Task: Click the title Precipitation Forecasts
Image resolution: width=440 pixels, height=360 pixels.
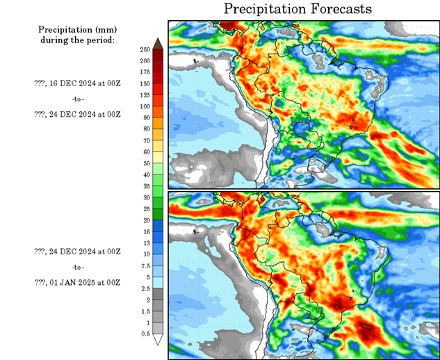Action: tap(298, 9)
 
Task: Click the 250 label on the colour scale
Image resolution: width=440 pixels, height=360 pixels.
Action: tap(145, 50)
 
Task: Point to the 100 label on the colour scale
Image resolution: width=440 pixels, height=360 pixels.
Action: tap(145, 106)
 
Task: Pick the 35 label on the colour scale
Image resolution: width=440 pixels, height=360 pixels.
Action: tap(145, 186)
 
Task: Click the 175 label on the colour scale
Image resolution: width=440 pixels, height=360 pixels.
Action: tap(145, 72)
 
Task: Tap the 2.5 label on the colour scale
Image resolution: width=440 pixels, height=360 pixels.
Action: tap(145, 288)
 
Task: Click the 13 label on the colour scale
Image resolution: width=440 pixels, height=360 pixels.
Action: tap(145, 243)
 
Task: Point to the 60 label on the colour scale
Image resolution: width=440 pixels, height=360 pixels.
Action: tap(145, 152)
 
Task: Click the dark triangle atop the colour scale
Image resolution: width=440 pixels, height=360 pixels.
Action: tap(158, 43)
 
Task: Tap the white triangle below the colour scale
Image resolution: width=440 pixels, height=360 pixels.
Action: tap(158, 340)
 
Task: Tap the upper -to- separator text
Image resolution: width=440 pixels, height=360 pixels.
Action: tap(76, 99)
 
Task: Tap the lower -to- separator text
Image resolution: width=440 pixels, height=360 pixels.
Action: tap(76, 267)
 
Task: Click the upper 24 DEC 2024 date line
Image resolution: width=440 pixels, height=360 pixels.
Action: tap(77, 114)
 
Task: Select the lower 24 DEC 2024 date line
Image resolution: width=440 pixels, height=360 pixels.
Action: tap(77, 251)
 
